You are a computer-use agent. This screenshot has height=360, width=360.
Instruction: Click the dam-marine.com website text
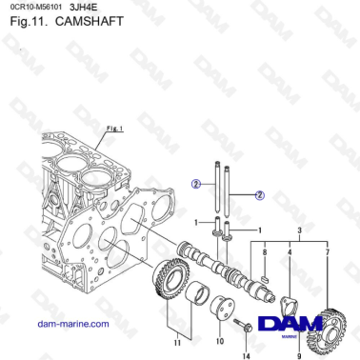click(x=71, y=324)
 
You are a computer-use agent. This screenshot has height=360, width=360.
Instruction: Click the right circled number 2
click(x=259, y=195)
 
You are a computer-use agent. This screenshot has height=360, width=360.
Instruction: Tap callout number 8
click(x=265, y=252)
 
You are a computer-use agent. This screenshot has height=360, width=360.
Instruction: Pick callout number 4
click(x=290, y=252)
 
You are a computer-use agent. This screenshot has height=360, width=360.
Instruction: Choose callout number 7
click(x=329, y=252)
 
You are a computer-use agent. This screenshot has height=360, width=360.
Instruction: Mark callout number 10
click(x=219, y=340)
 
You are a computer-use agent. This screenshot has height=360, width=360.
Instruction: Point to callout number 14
click(x=244, y=355)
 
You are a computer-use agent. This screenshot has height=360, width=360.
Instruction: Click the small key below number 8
click(x=266, y=277)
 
